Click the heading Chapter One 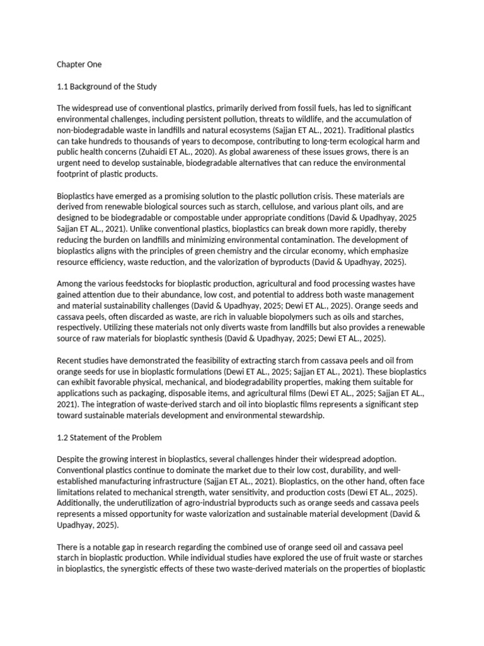click(79, 64)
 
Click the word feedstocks click(137, 284)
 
